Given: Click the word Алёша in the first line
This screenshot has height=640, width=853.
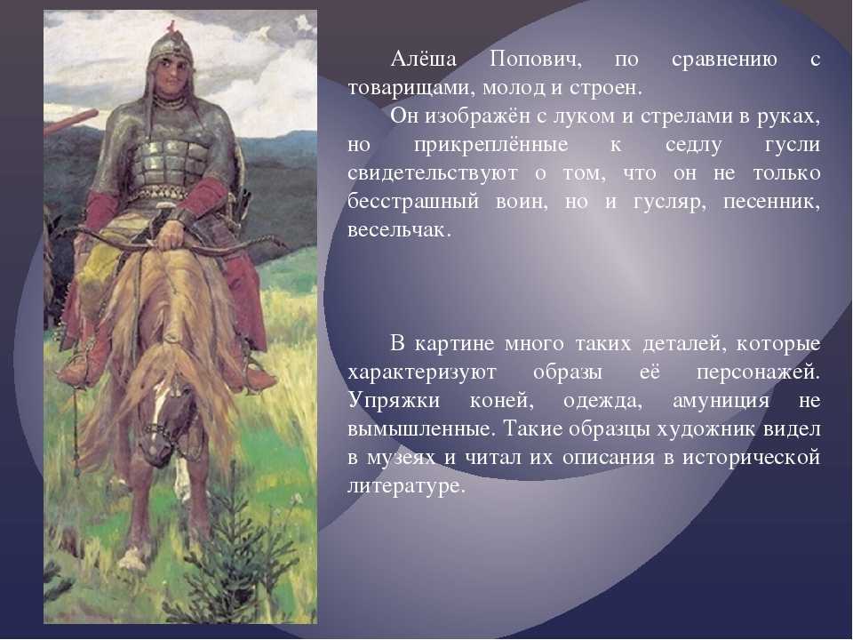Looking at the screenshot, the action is [423, 59].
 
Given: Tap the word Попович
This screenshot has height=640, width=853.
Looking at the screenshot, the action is [535, 59].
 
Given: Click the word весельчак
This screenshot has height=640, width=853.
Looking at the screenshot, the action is [399, 230].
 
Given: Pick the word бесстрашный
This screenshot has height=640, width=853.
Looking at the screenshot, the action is [413, 202].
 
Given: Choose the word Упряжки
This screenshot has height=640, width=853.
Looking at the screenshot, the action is [394, 401].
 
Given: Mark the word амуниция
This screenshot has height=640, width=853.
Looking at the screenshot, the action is [721, 402].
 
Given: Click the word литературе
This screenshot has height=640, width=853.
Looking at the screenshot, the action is [406, 486].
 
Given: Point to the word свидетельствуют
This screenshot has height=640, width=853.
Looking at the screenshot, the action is [433, 173].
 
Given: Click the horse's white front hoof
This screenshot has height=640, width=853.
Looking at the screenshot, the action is [132, 559].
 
